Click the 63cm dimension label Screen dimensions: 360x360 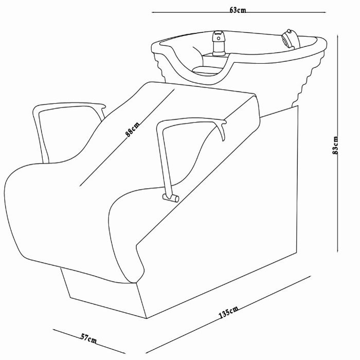(238, 10)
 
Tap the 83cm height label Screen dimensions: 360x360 (335, 145)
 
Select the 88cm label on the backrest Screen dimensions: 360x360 (132, 130)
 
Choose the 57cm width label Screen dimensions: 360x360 (88, 339)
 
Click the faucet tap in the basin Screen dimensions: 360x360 (219, 43)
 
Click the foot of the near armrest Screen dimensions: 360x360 (171, 197)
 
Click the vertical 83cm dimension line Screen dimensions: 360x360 (338, 143)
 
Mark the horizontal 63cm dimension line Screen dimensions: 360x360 (239, 12)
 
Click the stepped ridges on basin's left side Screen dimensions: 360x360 (160, 66)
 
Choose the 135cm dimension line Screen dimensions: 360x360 (228, 315)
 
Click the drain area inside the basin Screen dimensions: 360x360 (206, 69)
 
